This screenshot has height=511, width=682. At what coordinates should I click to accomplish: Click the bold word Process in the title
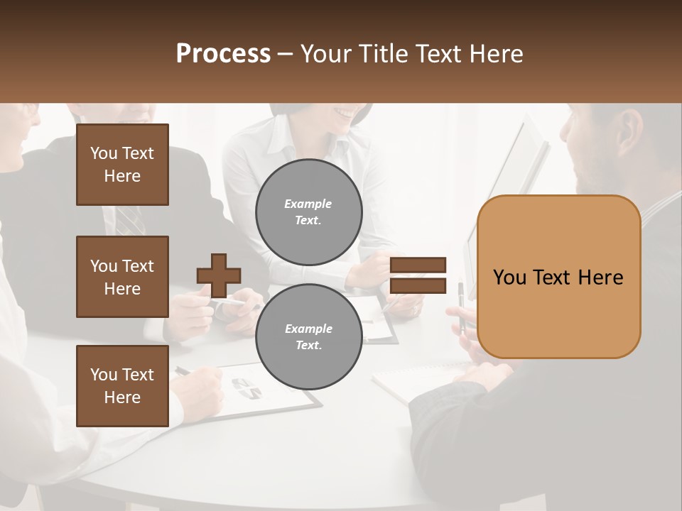click(x=223, y=54)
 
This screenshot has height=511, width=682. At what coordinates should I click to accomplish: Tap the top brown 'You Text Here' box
click(x=122, y=165)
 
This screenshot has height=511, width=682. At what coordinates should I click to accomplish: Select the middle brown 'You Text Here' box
click(x=122, y=277)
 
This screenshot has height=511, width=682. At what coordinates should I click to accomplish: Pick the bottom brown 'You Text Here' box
click(x=122, y=385)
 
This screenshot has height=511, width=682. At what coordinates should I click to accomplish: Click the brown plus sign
click(x=219, y=275)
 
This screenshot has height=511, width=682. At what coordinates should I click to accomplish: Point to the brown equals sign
click(x=418, y=275)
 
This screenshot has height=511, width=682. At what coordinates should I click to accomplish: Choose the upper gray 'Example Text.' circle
click(x=308, y=212)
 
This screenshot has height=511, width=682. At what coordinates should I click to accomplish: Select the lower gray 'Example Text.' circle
click(x=308, y=337)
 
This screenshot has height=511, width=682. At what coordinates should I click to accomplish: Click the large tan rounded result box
click(x=558, y=277)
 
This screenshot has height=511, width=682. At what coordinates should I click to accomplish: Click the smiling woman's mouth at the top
click(x=346, y=113)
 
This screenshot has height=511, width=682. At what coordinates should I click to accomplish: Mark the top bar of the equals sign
click(x=418, y=265)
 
